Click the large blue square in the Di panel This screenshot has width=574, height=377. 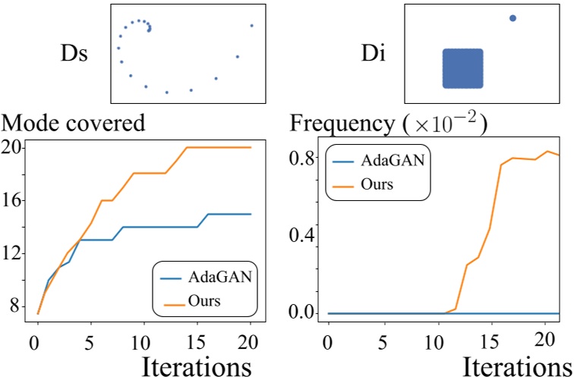pyautogui.click(x=462, y=68)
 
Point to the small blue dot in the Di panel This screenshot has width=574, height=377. pyautogui.click(x=512, y=18)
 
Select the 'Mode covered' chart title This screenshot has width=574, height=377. pyautogui.click(x=74, y=124)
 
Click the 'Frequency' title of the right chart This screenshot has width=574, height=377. pyautogui.click(x=344, y=124)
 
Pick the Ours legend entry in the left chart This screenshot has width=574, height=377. pyautogui.click(x=205, y=300)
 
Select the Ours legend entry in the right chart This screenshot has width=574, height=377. pyautogui.click(x=378, y=184)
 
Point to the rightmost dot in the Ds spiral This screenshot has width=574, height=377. pyautogui.click(x=252, y=26)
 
